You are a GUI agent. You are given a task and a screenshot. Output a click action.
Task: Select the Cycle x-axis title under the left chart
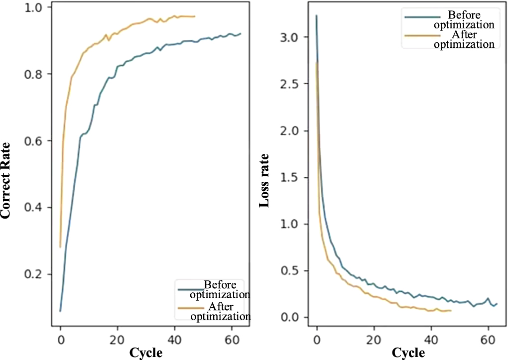[145, 352]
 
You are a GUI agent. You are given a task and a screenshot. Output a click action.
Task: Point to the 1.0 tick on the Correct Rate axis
[34, 7]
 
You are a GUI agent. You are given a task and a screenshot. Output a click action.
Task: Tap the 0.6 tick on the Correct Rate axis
[34, 141]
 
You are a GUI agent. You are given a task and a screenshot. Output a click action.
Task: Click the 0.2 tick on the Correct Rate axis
[34, 274]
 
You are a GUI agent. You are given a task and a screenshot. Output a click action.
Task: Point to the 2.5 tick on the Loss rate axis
[290, 84]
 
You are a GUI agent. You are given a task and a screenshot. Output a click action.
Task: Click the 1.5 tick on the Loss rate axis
[290, 178]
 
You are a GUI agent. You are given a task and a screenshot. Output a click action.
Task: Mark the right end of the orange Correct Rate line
[195, 16]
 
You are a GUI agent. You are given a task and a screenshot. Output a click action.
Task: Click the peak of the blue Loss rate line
[316, 15]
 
